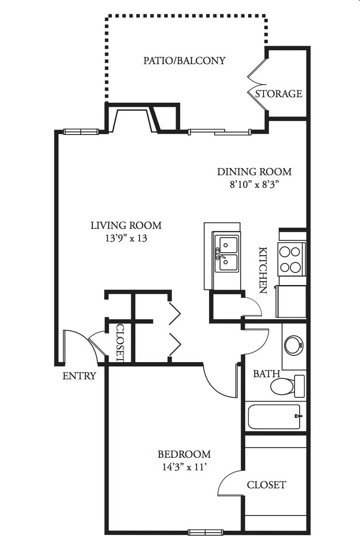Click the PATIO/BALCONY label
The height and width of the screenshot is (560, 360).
184,61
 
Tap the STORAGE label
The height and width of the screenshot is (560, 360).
279,93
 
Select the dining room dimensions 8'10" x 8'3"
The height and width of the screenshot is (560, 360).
254,185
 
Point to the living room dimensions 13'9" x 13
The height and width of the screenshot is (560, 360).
126,239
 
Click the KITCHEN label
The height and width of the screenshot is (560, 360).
263,270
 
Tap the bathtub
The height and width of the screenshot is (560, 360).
275,416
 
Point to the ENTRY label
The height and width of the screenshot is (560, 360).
79,376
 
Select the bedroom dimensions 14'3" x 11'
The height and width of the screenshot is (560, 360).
184,467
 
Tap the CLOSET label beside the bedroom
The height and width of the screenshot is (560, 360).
267,485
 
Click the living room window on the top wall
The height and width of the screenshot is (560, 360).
81,132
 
